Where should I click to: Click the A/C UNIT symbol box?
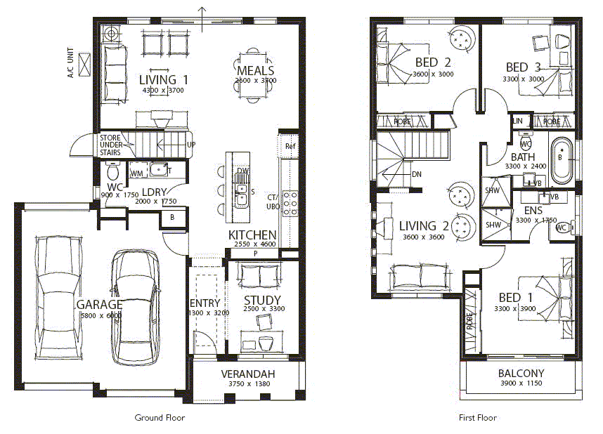tap(86, 64)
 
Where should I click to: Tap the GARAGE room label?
tap(99, 305)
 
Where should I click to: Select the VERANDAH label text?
tap(247, 374)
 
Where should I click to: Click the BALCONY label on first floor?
tap(521, 373)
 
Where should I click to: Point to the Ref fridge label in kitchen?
tap(290, 146)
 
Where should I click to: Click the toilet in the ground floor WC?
tap(111, 171)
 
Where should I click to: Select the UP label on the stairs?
tap(191, 145)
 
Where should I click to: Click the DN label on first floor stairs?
tap(416, 174)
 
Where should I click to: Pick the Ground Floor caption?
tap(160, 417)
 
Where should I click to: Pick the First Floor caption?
tap(477, 417)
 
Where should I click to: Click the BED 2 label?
tap(433, 63)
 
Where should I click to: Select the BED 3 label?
tap(523, 67)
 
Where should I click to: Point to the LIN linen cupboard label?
tap(518, 121)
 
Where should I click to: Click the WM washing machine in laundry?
tap(137, 172)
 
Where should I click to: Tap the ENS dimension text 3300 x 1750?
tap(536, 221)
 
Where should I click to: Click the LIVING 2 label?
tap(424, 226)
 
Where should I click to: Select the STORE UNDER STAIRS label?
tap(110, 145)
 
